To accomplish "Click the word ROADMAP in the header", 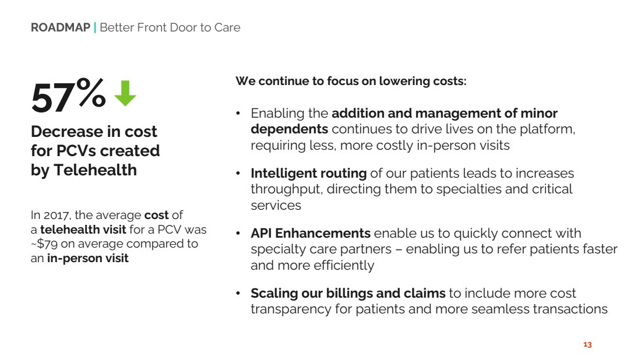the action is pyautogui.click(x=61, y=27).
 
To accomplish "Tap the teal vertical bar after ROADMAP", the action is pyautogui.click(x=95, y=27).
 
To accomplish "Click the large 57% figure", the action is pyautogui.click(x=68, y=96).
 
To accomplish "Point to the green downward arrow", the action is pyautogui.click(x=125, y=93).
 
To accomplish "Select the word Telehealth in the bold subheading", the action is pyautogui.click(x=95, y=170).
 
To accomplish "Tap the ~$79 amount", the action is pyautogui.click(x=44, y=244).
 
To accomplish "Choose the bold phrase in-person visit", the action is pyautogui.click(x=87, y=258).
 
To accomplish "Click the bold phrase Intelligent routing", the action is pyautogui.click(x=309, y=173).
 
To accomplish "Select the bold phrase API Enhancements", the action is pyautogui.click(x=311, y=234).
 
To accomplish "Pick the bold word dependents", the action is pyautogui.click(x=290, y=129).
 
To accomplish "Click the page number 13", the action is pyautogui.click(x=587, y=344).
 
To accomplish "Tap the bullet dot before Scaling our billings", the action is pyautogui.click(x=238, y=293).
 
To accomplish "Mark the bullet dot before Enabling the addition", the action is pyautogui.click(x=238, y=113).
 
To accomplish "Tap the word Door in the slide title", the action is pyautogui.click(x=184, y=27).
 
